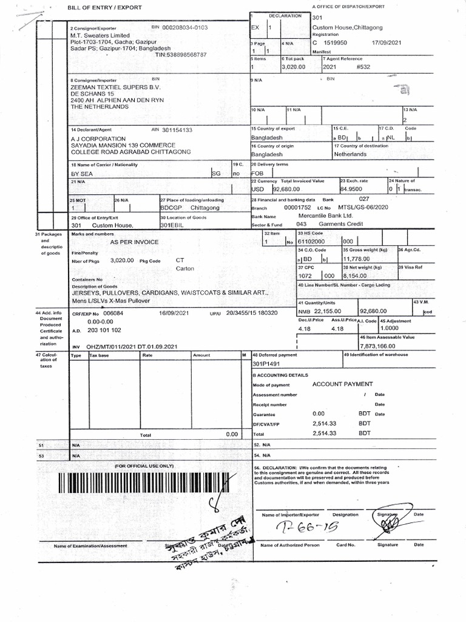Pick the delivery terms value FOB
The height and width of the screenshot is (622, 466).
258,173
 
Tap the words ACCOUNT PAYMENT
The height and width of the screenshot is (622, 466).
342,384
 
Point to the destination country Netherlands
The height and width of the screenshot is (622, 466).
350,154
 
